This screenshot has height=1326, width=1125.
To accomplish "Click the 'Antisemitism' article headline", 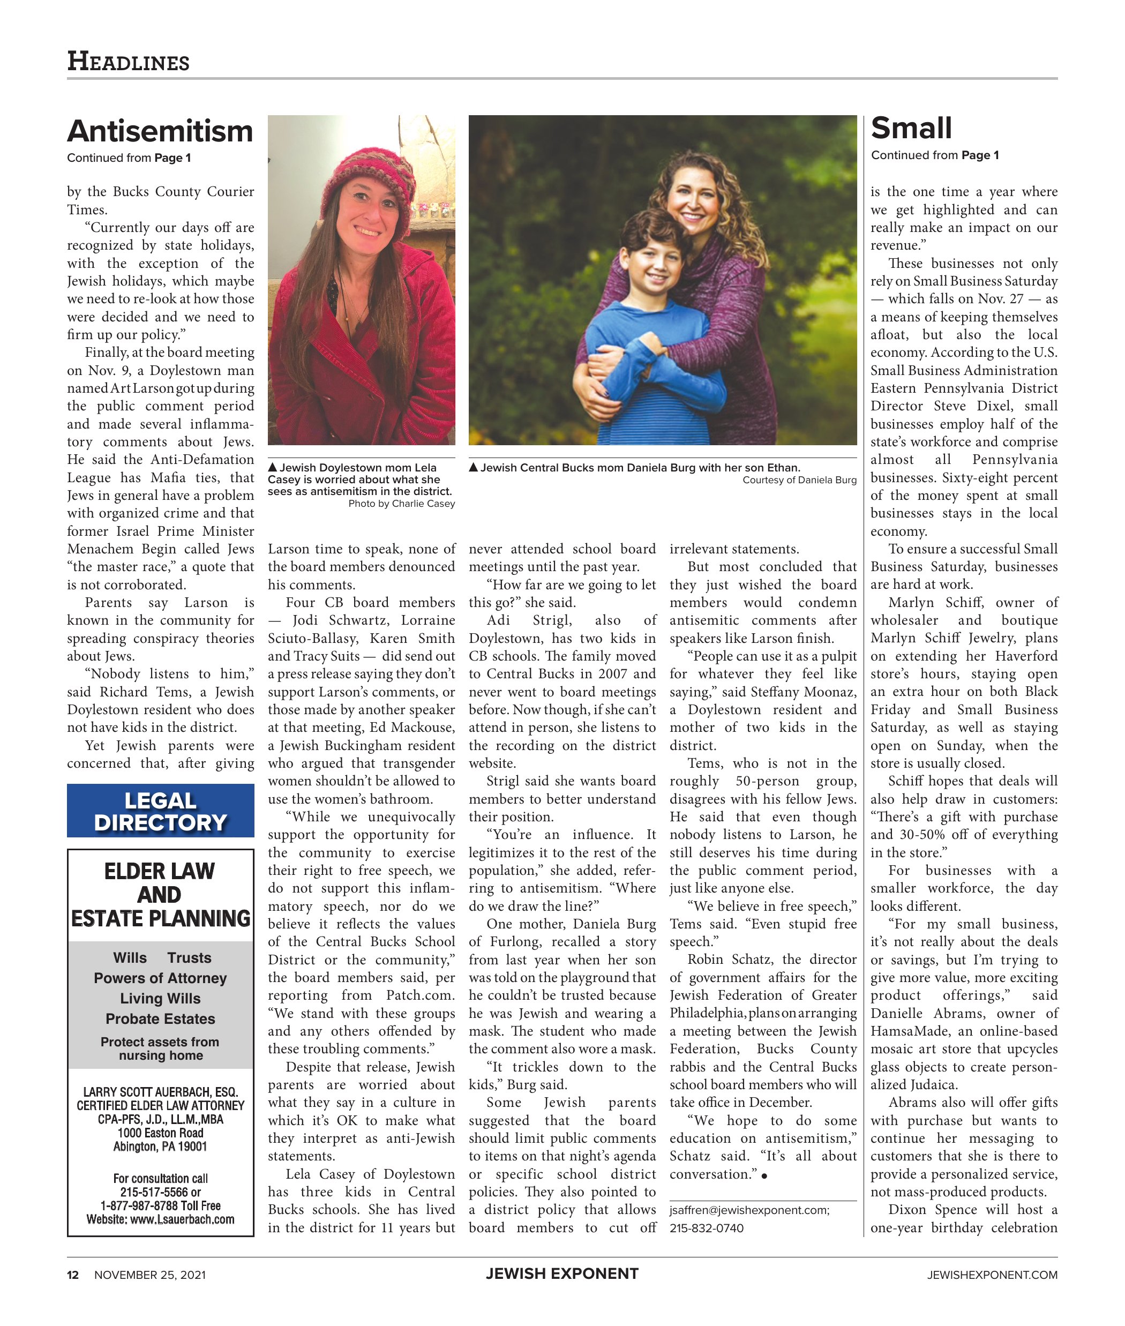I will (x=160, y=131).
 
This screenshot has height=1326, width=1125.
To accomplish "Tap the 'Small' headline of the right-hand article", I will (x=911, y=128).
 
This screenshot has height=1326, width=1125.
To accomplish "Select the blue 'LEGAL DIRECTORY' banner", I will (x=160, y=811).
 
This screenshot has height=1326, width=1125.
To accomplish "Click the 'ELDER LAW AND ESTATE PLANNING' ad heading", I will (x=160, y=894).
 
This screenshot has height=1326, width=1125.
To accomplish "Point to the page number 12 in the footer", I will (x=73, y=1275).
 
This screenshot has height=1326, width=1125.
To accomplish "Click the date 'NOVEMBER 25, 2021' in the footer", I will (x=150, y=1275).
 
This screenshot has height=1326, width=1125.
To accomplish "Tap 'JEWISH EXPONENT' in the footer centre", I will (x=562, y=1273).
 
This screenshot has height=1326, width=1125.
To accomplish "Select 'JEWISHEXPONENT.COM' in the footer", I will (x=992, y=1275).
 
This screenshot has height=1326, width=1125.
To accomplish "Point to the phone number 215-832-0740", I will (x=706, y=1228).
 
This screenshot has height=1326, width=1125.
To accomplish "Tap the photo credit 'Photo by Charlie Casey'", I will (x=401, y=503).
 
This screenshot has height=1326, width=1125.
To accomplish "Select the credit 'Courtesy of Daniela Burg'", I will (x=799, y=480).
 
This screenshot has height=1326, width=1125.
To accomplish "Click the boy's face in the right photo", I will (x=650, y=263).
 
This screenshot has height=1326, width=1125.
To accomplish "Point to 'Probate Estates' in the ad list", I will (x=160, y=1018).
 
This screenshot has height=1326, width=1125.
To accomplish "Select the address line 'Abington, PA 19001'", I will (x=160, y=1146).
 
